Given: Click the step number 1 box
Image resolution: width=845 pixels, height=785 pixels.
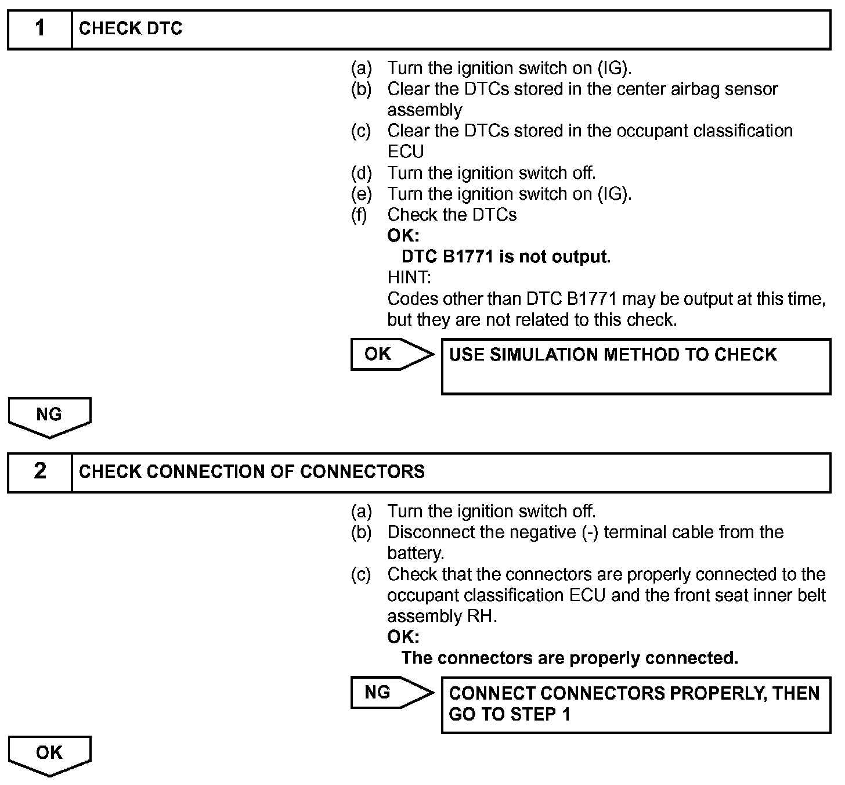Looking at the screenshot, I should pyautogui.click(x=39, y=29).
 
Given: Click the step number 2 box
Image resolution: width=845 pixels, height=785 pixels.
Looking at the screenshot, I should pyautogui.click(x=39, y=471).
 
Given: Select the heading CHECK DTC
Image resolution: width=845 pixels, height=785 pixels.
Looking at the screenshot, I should pyautogui.click(x=131, y=29).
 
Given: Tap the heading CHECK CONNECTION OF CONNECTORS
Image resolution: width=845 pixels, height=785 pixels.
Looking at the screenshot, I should pyautogui.click(x=251, y=471).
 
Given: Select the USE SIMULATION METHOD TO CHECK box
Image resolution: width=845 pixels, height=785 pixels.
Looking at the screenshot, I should pyautogui.click(x=635, y=366).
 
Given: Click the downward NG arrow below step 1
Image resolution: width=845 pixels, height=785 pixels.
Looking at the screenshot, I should pyautogui.click(x=49, y=416).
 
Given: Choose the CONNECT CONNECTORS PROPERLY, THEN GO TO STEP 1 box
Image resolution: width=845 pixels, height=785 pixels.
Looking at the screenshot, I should pyautogui.click(x=635, y=704).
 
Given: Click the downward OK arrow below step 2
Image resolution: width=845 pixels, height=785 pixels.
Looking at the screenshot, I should pyautogui.click(x=49, y=755).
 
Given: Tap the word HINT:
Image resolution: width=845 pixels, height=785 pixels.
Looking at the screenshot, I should pyautogui.click(x=409, y=278).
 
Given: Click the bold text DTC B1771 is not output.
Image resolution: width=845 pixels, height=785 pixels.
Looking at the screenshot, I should pyautogui.click(x=505, y=257).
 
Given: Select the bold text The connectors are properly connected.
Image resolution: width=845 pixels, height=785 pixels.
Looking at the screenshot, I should pyautogui.click(x=569, y=658).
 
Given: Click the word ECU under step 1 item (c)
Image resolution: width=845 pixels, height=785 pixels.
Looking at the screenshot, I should pyautogui.click(x=406, y=152).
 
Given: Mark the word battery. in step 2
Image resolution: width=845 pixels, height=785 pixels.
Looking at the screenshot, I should pyautogui.click(x=416, y=553).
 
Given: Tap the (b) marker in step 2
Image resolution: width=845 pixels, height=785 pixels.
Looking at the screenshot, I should pyautogui.click(x=361, y=532).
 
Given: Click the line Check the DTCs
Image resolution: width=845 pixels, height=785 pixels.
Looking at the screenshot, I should pyautogui.click(x=452, y=215).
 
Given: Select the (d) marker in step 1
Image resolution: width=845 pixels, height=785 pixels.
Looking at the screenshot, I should pyautogui.click(x=361, y=173).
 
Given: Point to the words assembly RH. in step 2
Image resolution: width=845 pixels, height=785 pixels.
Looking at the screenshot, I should pyautogui.click(x=442, y=616).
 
